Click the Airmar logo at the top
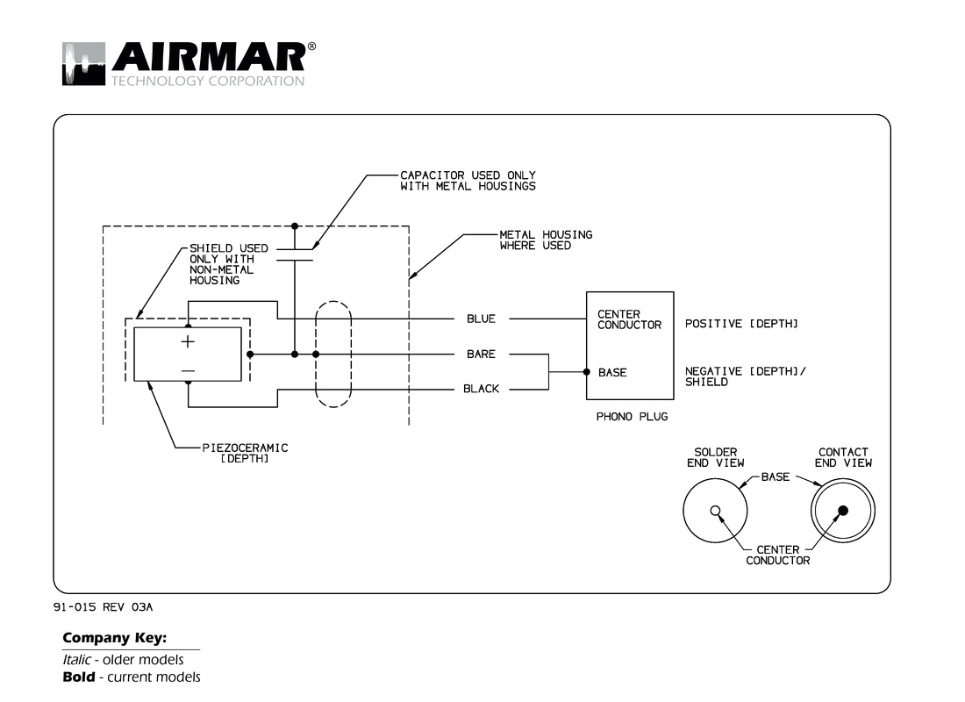[183, 63]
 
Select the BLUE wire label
[481, 319]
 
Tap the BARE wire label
[481, 355]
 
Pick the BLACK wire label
[481, 389]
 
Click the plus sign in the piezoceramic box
[188, 342]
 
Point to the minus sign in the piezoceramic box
[188, 371]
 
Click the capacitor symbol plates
[295, 254]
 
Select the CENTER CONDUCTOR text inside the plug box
[629, 319]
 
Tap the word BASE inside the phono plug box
[612, 373]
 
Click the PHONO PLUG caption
[632, 417]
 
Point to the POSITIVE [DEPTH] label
[741, 325]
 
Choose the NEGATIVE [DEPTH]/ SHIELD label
[746, 376]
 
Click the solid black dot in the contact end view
[842, 511]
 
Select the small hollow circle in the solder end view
[715, 511]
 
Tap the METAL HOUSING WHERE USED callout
[546, 240]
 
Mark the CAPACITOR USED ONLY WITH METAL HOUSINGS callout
[468, 181]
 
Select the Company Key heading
[114, 638]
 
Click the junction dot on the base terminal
[587, 372]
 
